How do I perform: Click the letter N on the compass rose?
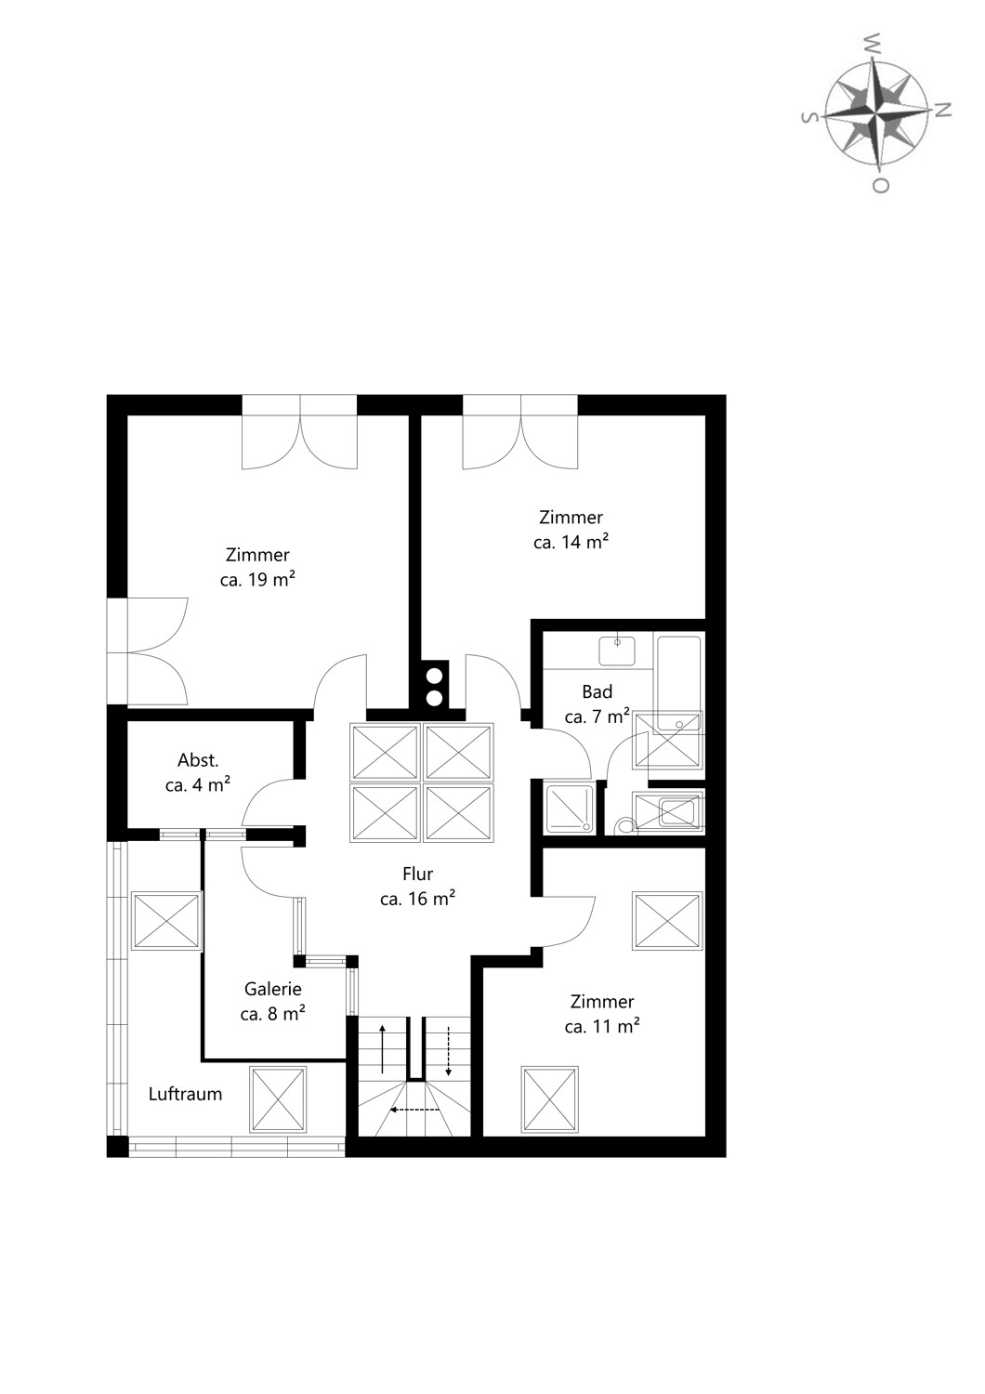coord(943,111)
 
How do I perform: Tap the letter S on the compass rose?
coord(808,118)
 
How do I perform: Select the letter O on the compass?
coord(880,186)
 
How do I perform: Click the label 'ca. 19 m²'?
coord(257,579)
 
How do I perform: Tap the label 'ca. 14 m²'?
coord(571,542)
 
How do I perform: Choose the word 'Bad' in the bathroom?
coord(598,691)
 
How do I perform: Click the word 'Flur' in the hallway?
coord(417,874)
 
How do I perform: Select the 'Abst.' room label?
coord(198,760)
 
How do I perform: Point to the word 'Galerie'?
coord(272,989)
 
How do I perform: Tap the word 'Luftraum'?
coord(186,1094)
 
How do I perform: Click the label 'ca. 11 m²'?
coord(602,1026)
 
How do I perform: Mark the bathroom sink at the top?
coord(617,651)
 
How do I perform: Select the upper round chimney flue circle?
coord(435,676)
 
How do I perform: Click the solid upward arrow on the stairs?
coord(382,1048)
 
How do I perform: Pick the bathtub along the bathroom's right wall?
coord(679,683)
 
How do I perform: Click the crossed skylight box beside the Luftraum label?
coord(278,1099)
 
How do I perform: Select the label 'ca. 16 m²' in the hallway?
coord(417,899)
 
